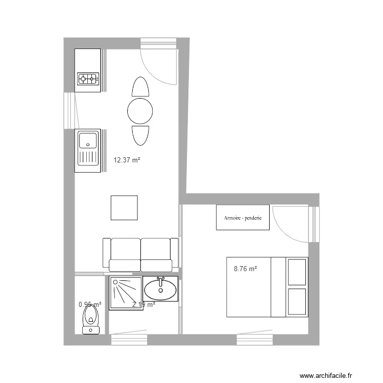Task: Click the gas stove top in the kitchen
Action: tap(87, 79)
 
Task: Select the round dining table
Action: tap(140, 110)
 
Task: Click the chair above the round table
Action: tap(139, 87)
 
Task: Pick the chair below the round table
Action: tap(139, 135)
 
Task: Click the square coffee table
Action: tap(124, 208)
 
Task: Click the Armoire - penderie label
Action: tap(243, 218)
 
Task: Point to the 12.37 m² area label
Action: tap(127, 160)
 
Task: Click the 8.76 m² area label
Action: tap(245, 269)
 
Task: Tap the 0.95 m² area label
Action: tap(90, 304)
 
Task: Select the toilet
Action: tap(91, 319)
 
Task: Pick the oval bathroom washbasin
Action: tap(160, 290)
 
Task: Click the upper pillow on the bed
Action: tap(297, 272)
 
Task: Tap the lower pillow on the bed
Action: tap(297, 302)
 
